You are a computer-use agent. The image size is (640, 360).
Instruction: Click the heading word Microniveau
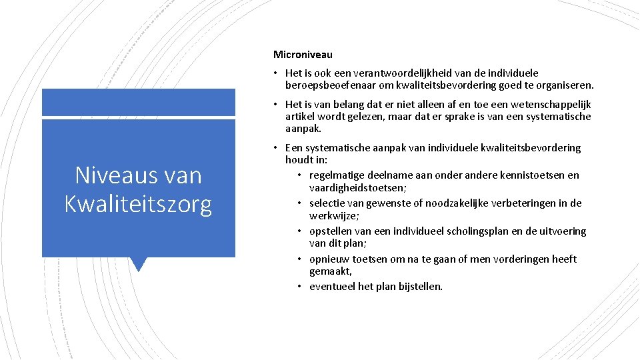pyautogui.click(x=303, y=54)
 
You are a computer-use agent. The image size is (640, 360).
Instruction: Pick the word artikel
pyautogui.click(x=299, y=117)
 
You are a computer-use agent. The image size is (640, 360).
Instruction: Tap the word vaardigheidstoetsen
pyautogui.click(x=353, y=188)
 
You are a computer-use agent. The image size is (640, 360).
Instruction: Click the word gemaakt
pyautogui.click(x=330, y=272)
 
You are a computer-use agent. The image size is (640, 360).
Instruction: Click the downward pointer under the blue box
pyautogui.click(x=139, y=264)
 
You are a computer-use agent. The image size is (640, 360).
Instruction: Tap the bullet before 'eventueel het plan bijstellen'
pyautogui.click(x=300, y=287)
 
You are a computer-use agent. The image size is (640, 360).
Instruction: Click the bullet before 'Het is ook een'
pyautogui.click(x=276, y=73)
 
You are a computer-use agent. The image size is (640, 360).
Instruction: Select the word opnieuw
pyautogui.click(x=330, y=259)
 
